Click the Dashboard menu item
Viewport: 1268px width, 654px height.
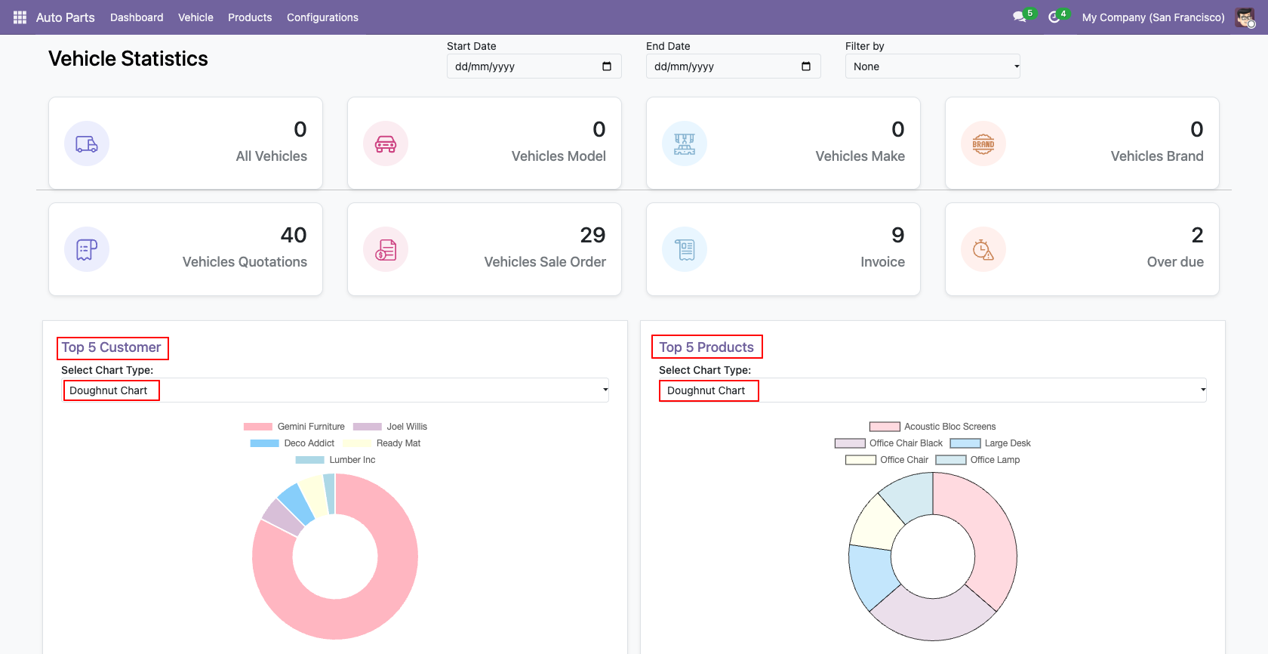point(137,17)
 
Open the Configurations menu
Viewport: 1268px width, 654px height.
point(322,17)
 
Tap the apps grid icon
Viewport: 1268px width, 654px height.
point(20,17)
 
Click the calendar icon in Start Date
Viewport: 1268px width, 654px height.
point(607,66)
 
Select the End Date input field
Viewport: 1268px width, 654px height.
point(733,66)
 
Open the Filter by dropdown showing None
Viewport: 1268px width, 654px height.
point(932,66)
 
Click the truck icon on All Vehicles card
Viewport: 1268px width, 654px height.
point(87,143)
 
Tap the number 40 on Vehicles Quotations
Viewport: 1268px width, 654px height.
point(293,235)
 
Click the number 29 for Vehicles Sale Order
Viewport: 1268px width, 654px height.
point(592,235)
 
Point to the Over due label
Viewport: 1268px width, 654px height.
point(1175,261)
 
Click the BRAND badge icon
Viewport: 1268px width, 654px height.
point(983,143)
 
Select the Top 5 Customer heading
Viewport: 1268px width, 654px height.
point(111,347)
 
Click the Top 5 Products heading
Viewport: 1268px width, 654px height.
point(706,347)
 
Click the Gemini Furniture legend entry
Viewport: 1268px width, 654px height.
point(294,427)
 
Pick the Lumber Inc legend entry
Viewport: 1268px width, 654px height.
point(335,460)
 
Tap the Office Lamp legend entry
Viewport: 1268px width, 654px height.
point(977,460)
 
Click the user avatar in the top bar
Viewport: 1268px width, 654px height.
point(1245,17)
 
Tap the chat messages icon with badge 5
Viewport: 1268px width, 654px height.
point(1020,17)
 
